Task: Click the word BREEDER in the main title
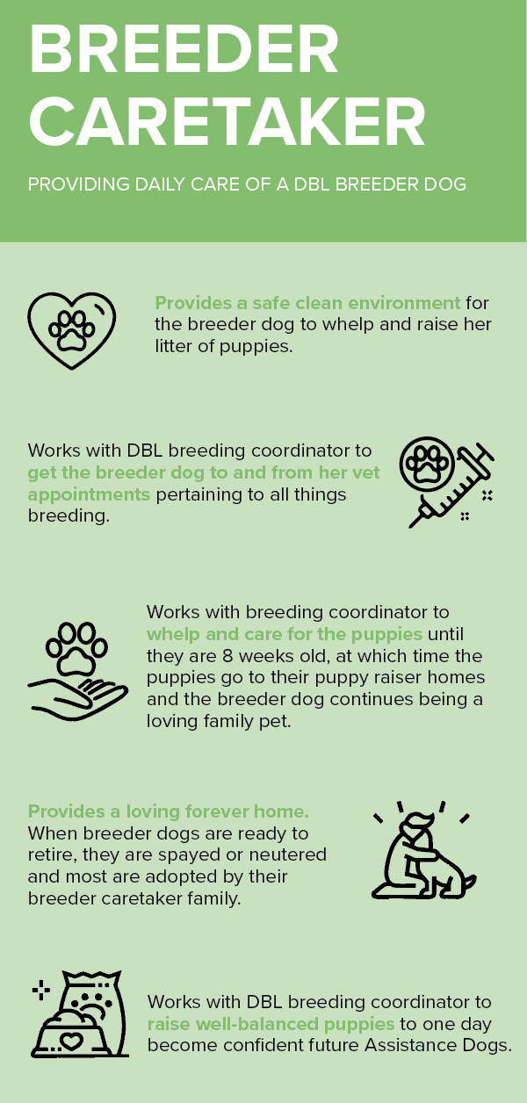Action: pos(184,49)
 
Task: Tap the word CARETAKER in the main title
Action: pos(227,121)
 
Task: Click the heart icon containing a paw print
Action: pos(71,330)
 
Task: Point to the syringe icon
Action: pos(451,487)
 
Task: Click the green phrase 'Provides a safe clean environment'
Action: pos(307,302)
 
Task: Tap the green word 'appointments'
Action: pos(89,494)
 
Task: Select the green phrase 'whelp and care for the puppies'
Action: pos(285,634)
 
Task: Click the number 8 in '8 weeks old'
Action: pos(227,656)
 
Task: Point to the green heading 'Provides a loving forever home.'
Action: pos(169,811)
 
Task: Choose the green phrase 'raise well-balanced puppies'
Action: pos(271,1024)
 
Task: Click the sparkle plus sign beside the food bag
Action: pos(41,991)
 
